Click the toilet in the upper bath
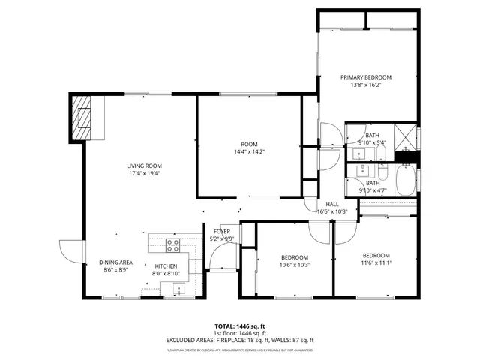click(x=381, y=155)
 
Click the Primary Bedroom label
click(x=366, y=77)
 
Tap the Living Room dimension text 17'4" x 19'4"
click(x=143, y=173)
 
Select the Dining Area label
click(x=115, y=262)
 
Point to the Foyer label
click(x=222, y=232)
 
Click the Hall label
click(x=331, y=205)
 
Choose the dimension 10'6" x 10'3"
click(x=295, y=264)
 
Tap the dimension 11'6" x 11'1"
click(x=376, y=262)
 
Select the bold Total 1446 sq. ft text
click(x=240, y=326)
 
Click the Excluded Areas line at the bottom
click(x=240, y=340)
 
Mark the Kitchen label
click(x=166, y=266)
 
